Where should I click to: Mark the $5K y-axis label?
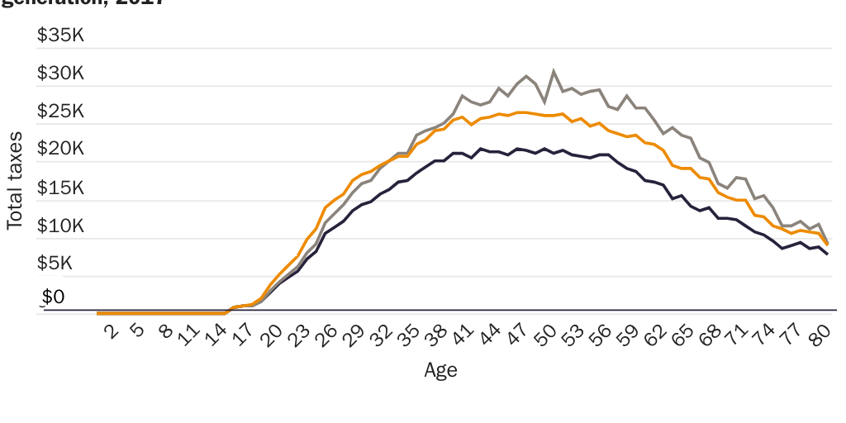(x=65, y=263)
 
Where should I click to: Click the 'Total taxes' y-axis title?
(x=15, y=180)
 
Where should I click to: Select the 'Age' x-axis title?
(x=440, y=370)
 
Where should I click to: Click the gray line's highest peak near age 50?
(x=554, y=71)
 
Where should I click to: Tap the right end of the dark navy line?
(x=828, y=254)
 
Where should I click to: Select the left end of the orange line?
(x=97, y=313)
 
